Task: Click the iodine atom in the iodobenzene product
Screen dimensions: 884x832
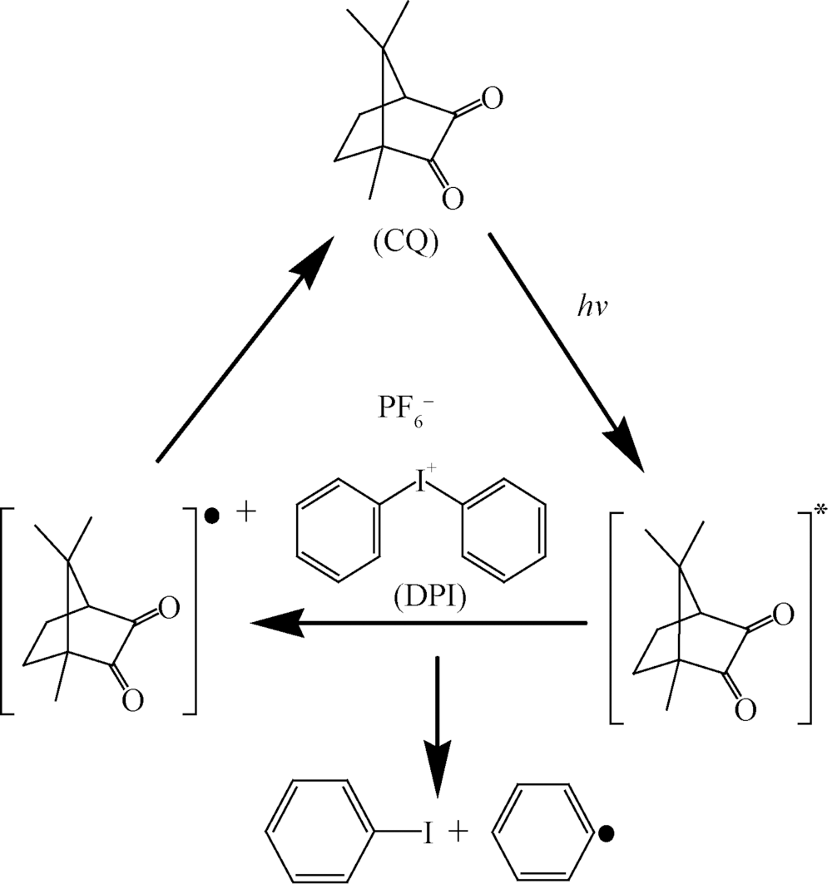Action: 428,831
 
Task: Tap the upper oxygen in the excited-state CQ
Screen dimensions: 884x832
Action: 780,615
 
